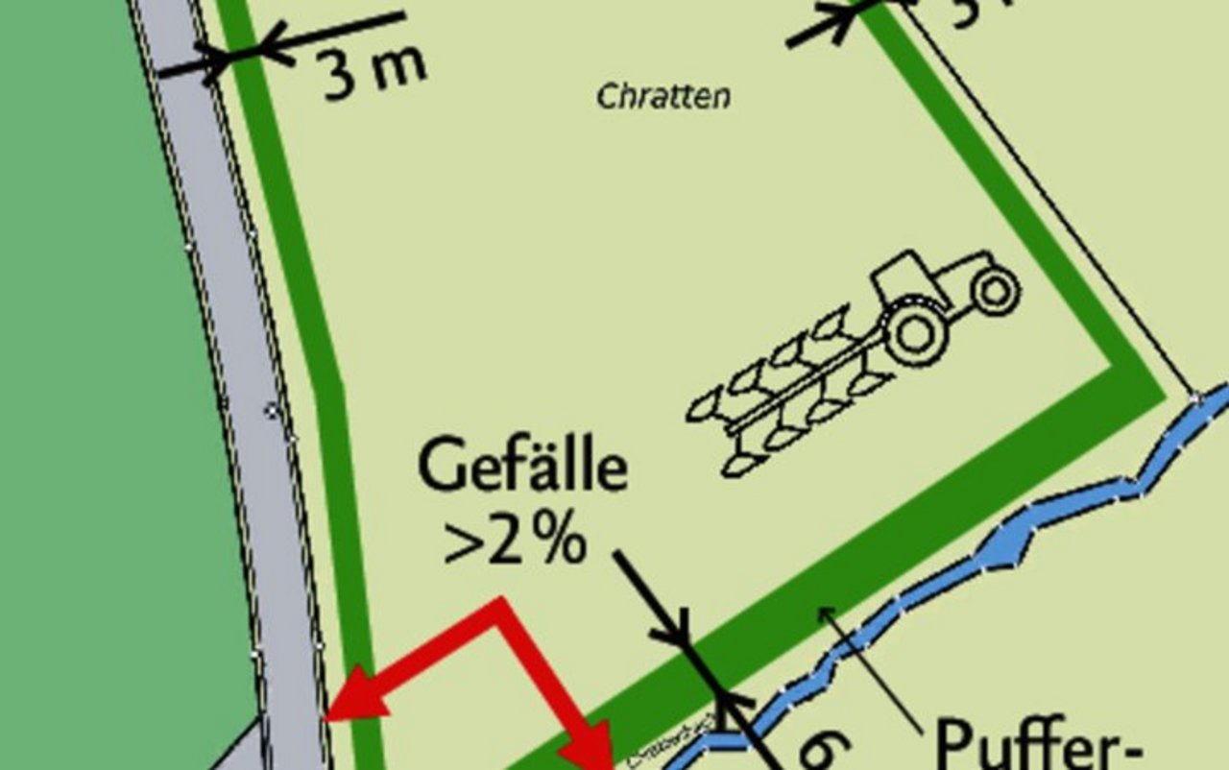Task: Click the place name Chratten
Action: pyautogui.click(x=663, y=96)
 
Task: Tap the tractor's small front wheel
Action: pyautogui.click(x=995, y=288)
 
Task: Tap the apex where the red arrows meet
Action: pyautogui.click(x=498, y=606)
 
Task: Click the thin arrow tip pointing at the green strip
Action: pyautogui.click(x=825, y=612)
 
